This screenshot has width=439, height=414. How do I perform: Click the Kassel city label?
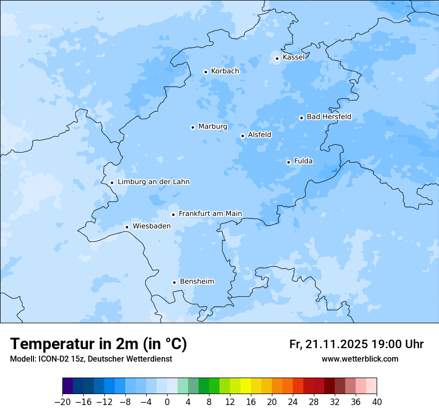[x=293, y=57]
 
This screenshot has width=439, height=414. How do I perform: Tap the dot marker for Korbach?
[x=206, y=72]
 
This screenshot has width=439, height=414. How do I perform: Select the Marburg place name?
[x=213, y=127]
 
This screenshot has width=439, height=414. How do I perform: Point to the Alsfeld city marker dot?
[x=243, y=136]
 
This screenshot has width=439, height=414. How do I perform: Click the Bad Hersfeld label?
[x=329, y=117]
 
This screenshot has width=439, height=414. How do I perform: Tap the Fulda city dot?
[x=288, y=162]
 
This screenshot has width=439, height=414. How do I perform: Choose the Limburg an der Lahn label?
[x=153, y=182]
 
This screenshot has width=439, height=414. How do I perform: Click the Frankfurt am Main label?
[x=210, y=213]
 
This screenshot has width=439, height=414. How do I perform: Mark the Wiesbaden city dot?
[x=127, y=227]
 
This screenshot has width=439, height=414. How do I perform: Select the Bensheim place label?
[x=197, y=282]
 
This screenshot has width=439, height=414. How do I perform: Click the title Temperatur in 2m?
[x=98, y=344]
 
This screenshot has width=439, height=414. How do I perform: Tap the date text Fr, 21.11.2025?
[x=328, y=344]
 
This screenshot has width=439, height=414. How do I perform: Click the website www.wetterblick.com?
[x=360, y=359]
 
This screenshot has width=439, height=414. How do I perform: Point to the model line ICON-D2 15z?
[x=91, y=359]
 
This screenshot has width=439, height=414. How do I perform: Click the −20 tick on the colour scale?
[x=62, y=402]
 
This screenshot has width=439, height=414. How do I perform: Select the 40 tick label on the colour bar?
[x=377, y=402]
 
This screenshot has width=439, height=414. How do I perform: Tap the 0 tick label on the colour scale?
[x=167, y=402]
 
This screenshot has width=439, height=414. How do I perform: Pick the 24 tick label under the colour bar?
[x=293, y=402]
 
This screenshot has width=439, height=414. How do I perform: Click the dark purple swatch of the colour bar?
[x=68, y=386]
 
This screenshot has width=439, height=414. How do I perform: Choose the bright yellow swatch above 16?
[x=245, y=386]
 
